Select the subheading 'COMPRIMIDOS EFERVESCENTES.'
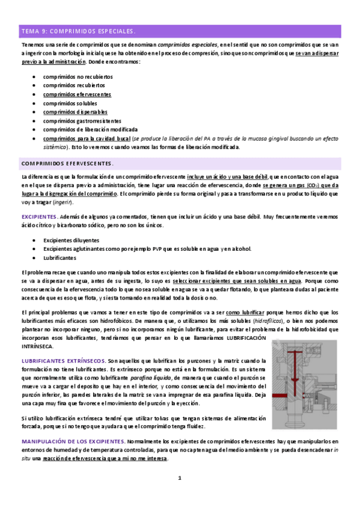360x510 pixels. [71, 163]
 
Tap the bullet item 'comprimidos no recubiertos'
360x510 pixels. [78, 78]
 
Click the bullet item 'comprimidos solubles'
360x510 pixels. [70, 103]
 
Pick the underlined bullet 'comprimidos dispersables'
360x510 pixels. [75, 112]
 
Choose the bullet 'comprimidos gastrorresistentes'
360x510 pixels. [82, 121]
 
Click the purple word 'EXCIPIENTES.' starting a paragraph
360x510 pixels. [39, 217]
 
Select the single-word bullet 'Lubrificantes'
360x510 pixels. [59, 257]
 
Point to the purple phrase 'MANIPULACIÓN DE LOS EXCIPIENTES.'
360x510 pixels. [73, 442]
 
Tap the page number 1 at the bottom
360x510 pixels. [179, 479]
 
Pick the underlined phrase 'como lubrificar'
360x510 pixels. [245, 313]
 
